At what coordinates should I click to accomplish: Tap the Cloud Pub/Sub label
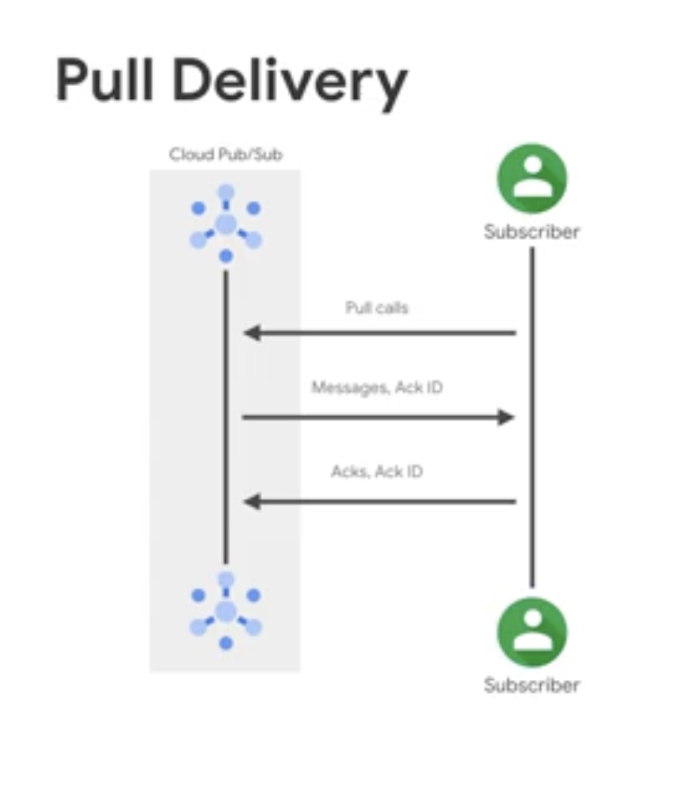click(x=226, y=155)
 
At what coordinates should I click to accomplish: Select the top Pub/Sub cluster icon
click(x=226, y=224)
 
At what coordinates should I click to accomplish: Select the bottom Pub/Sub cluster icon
click(x=226, y=611)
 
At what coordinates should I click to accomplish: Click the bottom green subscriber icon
click(x=532, y=632)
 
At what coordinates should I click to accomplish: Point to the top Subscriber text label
click(x=532, y=232)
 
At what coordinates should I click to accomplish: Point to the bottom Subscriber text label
click(x=532, y=685)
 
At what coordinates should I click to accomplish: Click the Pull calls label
click(x=377, y=308)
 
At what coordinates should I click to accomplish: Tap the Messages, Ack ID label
click(x=377, y=388)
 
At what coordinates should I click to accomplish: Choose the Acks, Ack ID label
click(x=377, y=471)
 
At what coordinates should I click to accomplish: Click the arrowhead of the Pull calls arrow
click(x=251, y=333)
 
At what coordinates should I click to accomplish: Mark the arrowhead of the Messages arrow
click(x=506, y=417)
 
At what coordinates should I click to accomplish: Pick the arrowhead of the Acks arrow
click(x=251, y=502)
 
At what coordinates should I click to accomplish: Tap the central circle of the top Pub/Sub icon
click(x=226, y=224)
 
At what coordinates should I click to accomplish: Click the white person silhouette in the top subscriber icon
click(x=532, y=177)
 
